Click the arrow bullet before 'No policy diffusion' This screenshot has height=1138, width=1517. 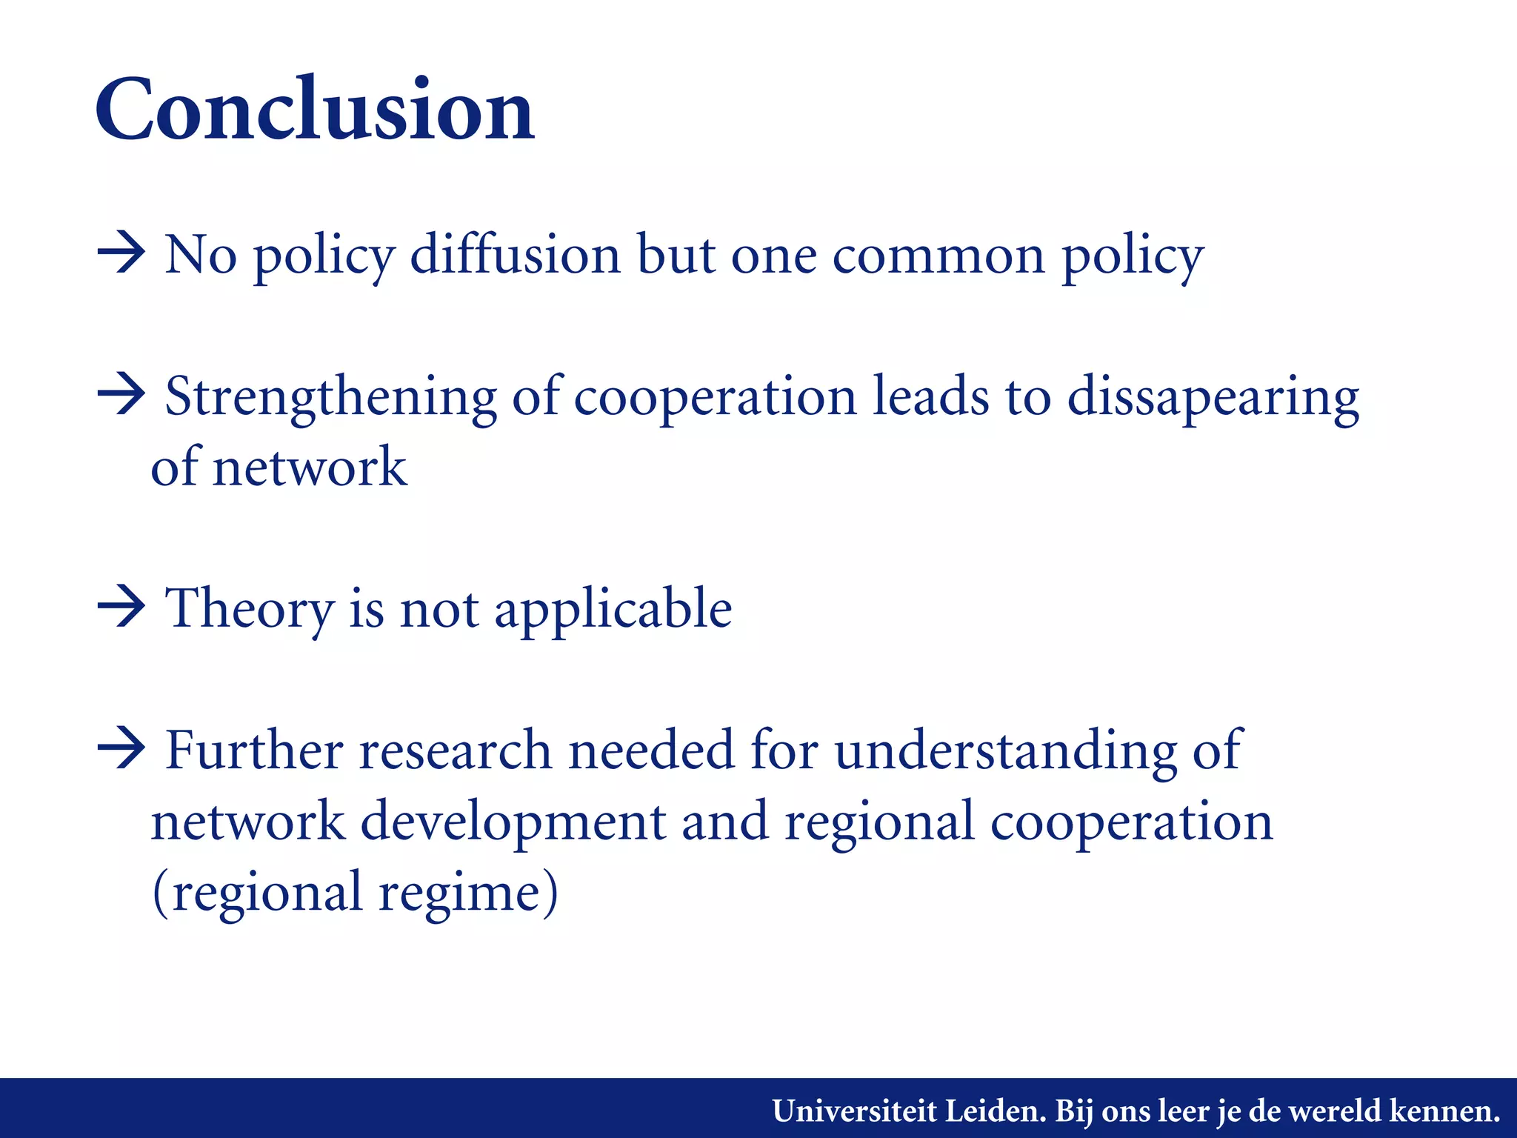tap(121, 253)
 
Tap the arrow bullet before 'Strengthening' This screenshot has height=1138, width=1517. tap(121, 395)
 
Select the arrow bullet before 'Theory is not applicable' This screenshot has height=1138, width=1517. tap(121, 607)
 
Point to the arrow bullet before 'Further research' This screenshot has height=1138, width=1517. tap(121, 749)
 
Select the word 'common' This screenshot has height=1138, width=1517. tap(938, 256)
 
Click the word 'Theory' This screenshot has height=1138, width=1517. tap(249, 609)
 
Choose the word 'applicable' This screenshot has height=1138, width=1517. tap(613, 609)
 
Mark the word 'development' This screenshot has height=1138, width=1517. tap(513, 822)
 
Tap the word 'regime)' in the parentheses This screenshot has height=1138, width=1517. tap(468, 893)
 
